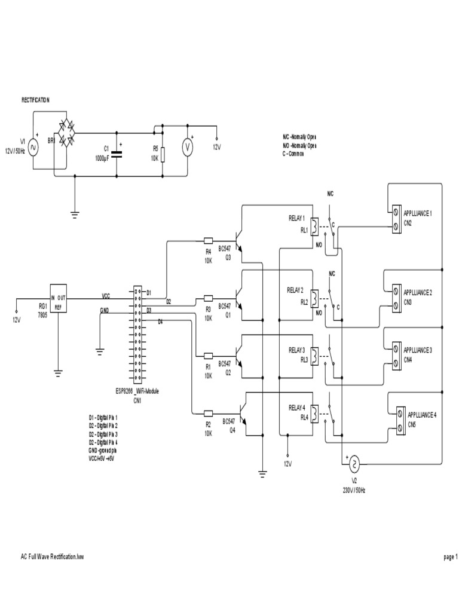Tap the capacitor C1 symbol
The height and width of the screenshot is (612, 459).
[x=116, y=154]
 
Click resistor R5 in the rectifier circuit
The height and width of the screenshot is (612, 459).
[x=163, y=154]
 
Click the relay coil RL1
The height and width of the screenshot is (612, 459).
[x=314, y=224]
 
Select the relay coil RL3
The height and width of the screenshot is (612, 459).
[x=314, y=355]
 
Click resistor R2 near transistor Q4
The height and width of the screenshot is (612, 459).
[x=209, y=412]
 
